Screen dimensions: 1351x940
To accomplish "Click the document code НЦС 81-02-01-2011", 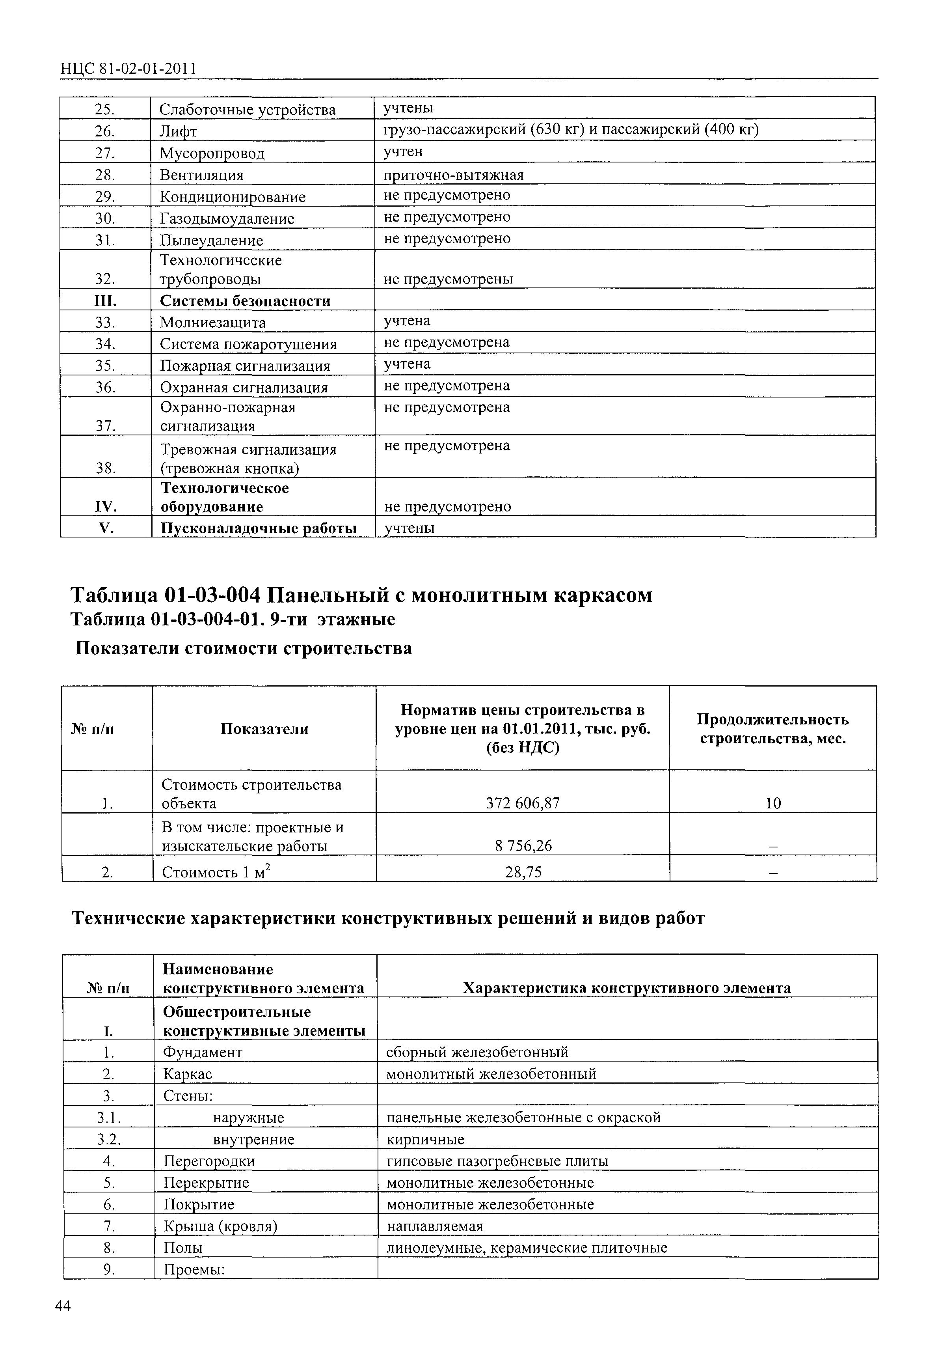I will pos(128,69).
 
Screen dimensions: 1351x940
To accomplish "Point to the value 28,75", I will pos(523,871).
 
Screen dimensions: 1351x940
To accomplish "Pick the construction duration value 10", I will pos(773,802).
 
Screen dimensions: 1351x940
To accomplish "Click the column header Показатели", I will pos(264,728).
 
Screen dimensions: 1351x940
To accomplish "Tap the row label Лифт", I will pos(178,131).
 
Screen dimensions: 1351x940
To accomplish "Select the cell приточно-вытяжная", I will pos(453,175).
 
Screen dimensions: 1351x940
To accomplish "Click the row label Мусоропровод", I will pos(212,153).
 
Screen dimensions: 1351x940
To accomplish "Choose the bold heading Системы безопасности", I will pos(245,300).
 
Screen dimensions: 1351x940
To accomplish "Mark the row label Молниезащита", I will pos(212,323).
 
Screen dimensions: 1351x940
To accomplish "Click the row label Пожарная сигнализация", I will pos(245,366).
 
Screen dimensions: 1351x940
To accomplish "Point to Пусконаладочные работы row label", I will pos(259,528).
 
